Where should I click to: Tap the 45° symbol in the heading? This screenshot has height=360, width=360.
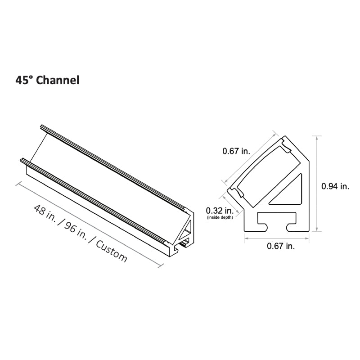coord(24,81)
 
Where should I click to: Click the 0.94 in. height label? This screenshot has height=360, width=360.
coord(335,185)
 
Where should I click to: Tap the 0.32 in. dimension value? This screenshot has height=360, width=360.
coord(219,210)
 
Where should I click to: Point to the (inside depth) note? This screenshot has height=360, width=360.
coord(220,217)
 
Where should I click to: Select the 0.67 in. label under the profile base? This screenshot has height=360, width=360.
coord(281,246)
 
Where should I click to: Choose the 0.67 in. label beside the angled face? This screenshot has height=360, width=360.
coord(236,152)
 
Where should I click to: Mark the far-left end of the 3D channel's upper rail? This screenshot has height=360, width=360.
coord(42,126)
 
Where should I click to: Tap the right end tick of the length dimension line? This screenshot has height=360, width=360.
coord(160,265)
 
